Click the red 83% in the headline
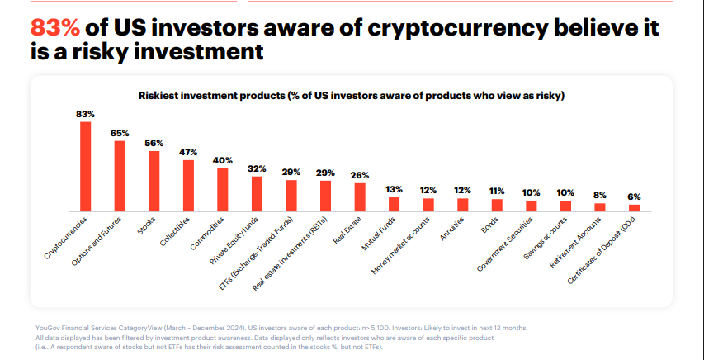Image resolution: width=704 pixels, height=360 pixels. point(54,27)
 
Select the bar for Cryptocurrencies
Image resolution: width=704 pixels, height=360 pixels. point(85,166)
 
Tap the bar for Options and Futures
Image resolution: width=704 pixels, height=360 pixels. point(120,175)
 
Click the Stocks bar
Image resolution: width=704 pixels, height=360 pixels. point(154,180)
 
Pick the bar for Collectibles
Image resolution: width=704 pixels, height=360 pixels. point(188,185)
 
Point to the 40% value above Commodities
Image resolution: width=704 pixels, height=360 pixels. point(222,160)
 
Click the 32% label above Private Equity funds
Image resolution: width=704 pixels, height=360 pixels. point(257,168)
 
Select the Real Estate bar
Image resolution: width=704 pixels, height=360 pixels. point(360,197)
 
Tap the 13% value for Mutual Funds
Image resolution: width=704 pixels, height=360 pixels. point(394,189)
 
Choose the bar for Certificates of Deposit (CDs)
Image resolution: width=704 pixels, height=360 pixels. point(634,207)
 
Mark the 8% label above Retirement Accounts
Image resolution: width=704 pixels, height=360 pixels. point(600,195)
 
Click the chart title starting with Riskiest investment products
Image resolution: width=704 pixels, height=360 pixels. point(351,96)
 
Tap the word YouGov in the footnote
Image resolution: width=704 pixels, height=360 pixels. point(49,328)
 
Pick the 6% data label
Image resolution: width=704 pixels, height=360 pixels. point(634,197)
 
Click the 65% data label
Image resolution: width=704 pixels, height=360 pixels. point(120,132)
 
